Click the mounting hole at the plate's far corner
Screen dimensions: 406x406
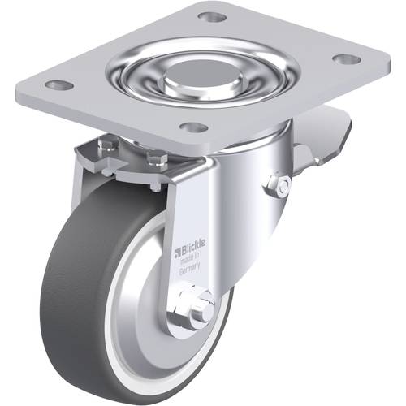(211, 17)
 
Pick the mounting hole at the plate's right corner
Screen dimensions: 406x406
(345, 59)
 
